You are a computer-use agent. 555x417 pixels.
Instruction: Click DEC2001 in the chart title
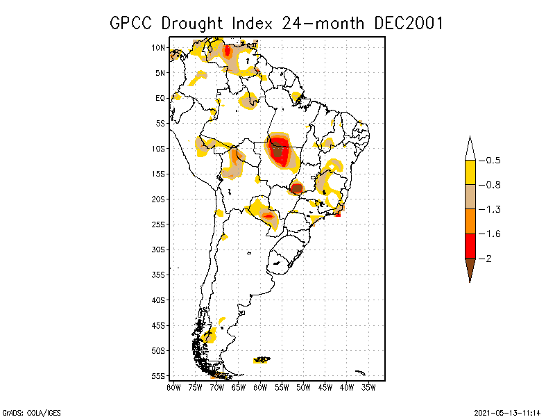tap(408, 23)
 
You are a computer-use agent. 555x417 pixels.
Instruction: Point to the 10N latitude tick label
tap(159, 48)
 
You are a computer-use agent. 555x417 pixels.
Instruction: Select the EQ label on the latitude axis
tap(160, 98)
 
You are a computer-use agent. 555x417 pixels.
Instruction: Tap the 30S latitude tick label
tap(159, 250)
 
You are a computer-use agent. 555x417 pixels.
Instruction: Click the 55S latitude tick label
tap(159, 375)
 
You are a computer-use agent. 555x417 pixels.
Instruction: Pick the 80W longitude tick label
tap(173, 386)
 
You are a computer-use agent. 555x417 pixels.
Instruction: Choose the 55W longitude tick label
tap(282, 386)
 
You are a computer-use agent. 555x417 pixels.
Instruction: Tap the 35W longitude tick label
tap(368, 386)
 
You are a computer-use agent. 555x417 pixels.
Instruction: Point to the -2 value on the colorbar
tap(488, 259)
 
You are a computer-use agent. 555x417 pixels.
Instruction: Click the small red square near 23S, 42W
tap(338, 214)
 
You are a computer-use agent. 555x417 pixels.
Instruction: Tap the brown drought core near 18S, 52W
tap(297, 188)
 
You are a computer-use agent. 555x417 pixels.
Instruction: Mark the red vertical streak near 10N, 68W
tap(228, 51)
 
